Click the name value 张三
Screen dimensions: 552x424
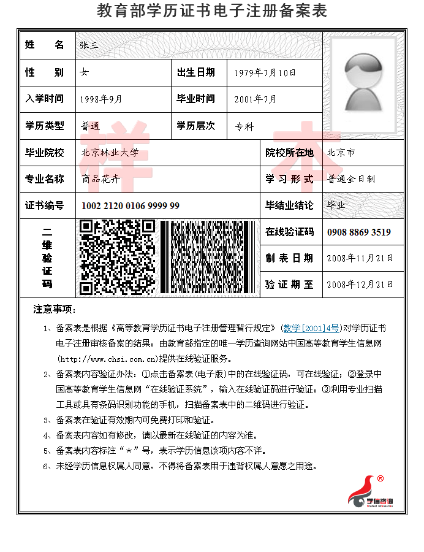click(89, 45)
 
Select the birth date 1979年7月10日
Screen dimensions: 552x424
click(265, 73)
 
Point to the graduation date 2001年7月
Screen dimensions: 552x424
click(255, 99)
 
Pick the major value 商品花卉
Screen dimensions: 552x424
click(100, 180)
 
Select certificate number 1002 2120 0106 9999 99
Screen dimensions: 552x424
click(131, 206)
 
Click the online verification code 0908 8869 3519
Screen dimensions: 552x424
click(359, 232)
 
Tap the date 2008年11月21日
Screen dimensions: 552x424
click(360, 258)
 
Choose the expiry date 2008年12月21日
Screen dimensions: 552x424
click(360, 285)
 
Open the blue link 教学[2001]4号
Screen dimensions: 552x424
click(311, 329)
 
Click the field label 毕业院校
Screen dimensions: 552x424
click(44, 153)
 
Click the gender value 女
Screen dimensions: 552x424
click(85, 73)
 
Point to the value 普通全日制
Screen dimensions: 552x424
click(351, 180)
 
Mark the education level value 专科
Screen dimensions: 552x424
click(244, 126)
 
